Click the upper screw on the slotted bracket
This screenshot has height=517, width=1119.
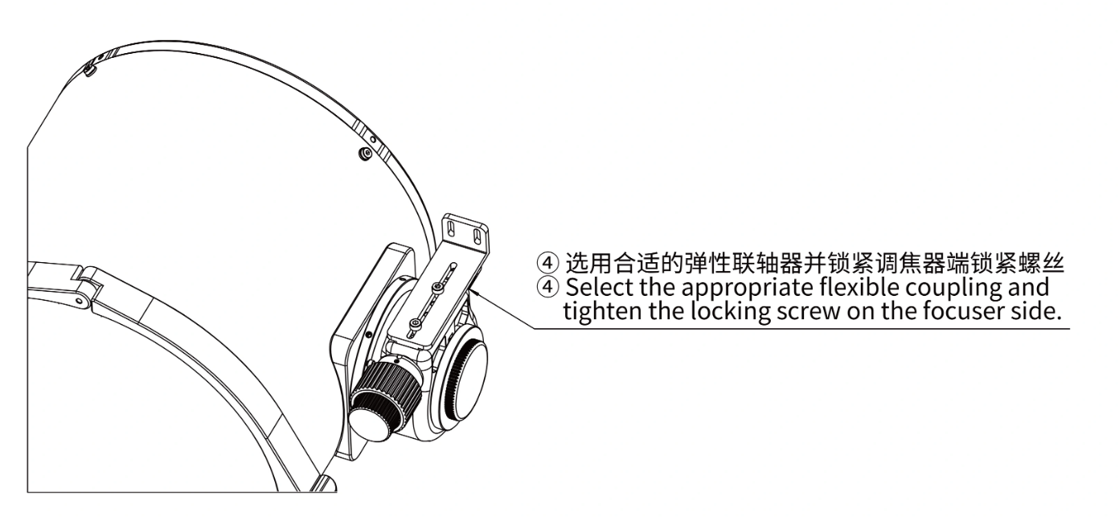[437, 287]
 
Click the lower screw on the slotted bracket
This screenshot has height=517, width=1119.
[415, 323]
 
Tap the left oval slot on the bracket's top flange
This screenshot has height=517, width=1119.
[452, 230]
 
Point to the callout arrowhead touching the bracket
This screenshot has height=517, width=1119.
[473, 291]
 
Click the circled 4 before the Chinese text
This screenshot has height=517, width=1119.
[547, 263]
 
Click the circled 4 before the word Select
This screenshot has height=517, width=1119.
[547, 287]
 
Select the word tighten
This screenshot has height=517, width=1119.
[602, 311]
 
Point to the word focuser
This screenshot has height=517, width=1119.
[962, 311]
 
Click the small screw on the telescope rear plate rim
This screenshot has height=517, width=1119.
[367, 152]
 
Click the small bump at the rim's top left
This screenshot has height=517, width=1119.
[89, 70]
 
